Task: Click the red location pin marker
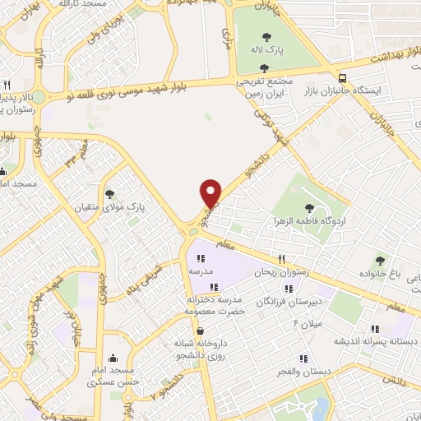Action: coord(211,193)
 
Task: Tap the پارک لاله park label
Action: coord(267,51)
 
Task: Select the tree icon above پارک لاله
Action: coord(267,36)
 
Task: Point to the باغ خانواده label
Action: coord(380,273)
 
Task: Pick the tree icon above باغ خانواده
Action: coord(380,260)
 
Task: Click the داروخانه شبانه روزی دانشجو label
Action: coord(201,349)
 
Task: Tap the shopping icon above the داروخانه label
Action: coord(201,331)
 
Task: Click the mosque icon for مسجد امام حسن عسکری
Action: coord(113,359)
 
